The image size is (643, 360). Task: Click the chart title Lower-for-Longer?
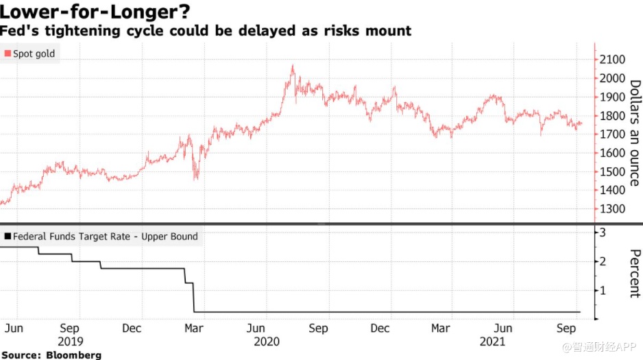click(x=95, y=12)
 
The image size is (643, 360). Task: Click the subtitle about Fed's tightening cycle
click(x=206, y=31)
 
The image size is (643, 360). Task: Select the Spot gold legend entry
click(x=30, y=53)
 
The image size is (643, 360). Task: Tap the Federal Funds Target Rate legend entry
click(x=101, y=237)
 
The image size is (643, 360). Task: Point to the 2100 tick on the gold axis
click(x=611, y=60)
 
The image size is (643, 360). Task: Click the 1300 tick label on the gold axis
click(x=611, y=209)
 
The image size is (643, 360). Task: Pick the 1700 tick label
click(x=611, y=134)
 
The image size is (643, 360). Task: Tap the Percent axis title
click(x=634, y=272)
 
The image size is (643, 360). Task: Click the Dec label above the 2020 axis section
click(x=380, y=328)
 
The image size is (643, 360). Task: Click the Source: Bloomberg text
click(x=51, y=355)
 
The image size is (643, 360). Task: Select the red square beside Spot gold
click(x=8, y=53)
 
